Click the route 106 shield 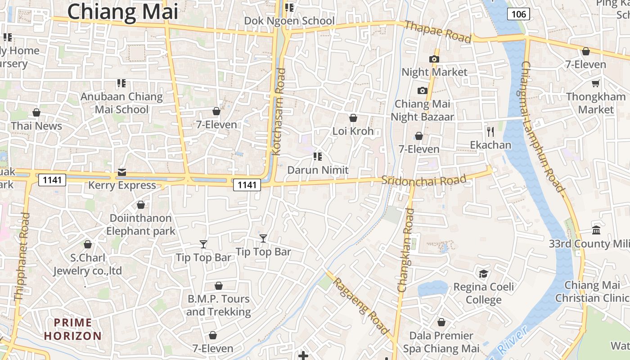coord(518,14)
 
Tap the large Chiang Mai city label coord(122,11)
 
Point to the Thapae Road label coord(438,31)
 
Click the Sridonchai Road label coord(423,180)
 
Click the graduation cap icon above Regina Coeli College coord(483,274)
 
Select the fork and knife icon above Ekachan coord(490,132)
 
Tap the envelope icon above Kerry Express coord(122,172)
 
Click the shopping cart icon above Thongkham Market coord(596,83)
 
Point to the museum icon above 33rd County coord(596,230)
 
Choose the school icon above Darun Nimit coord(318,157)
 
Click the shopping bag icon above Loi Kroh coord(353,118)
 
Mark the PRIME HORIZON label coord(72,329)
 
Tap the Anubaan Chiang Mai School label coord(121,103)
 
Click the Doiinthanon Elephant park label coord(141,224)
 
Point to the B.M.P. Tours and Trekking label coord(218,305)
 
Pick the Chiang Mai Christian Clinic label coord(592,292)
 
